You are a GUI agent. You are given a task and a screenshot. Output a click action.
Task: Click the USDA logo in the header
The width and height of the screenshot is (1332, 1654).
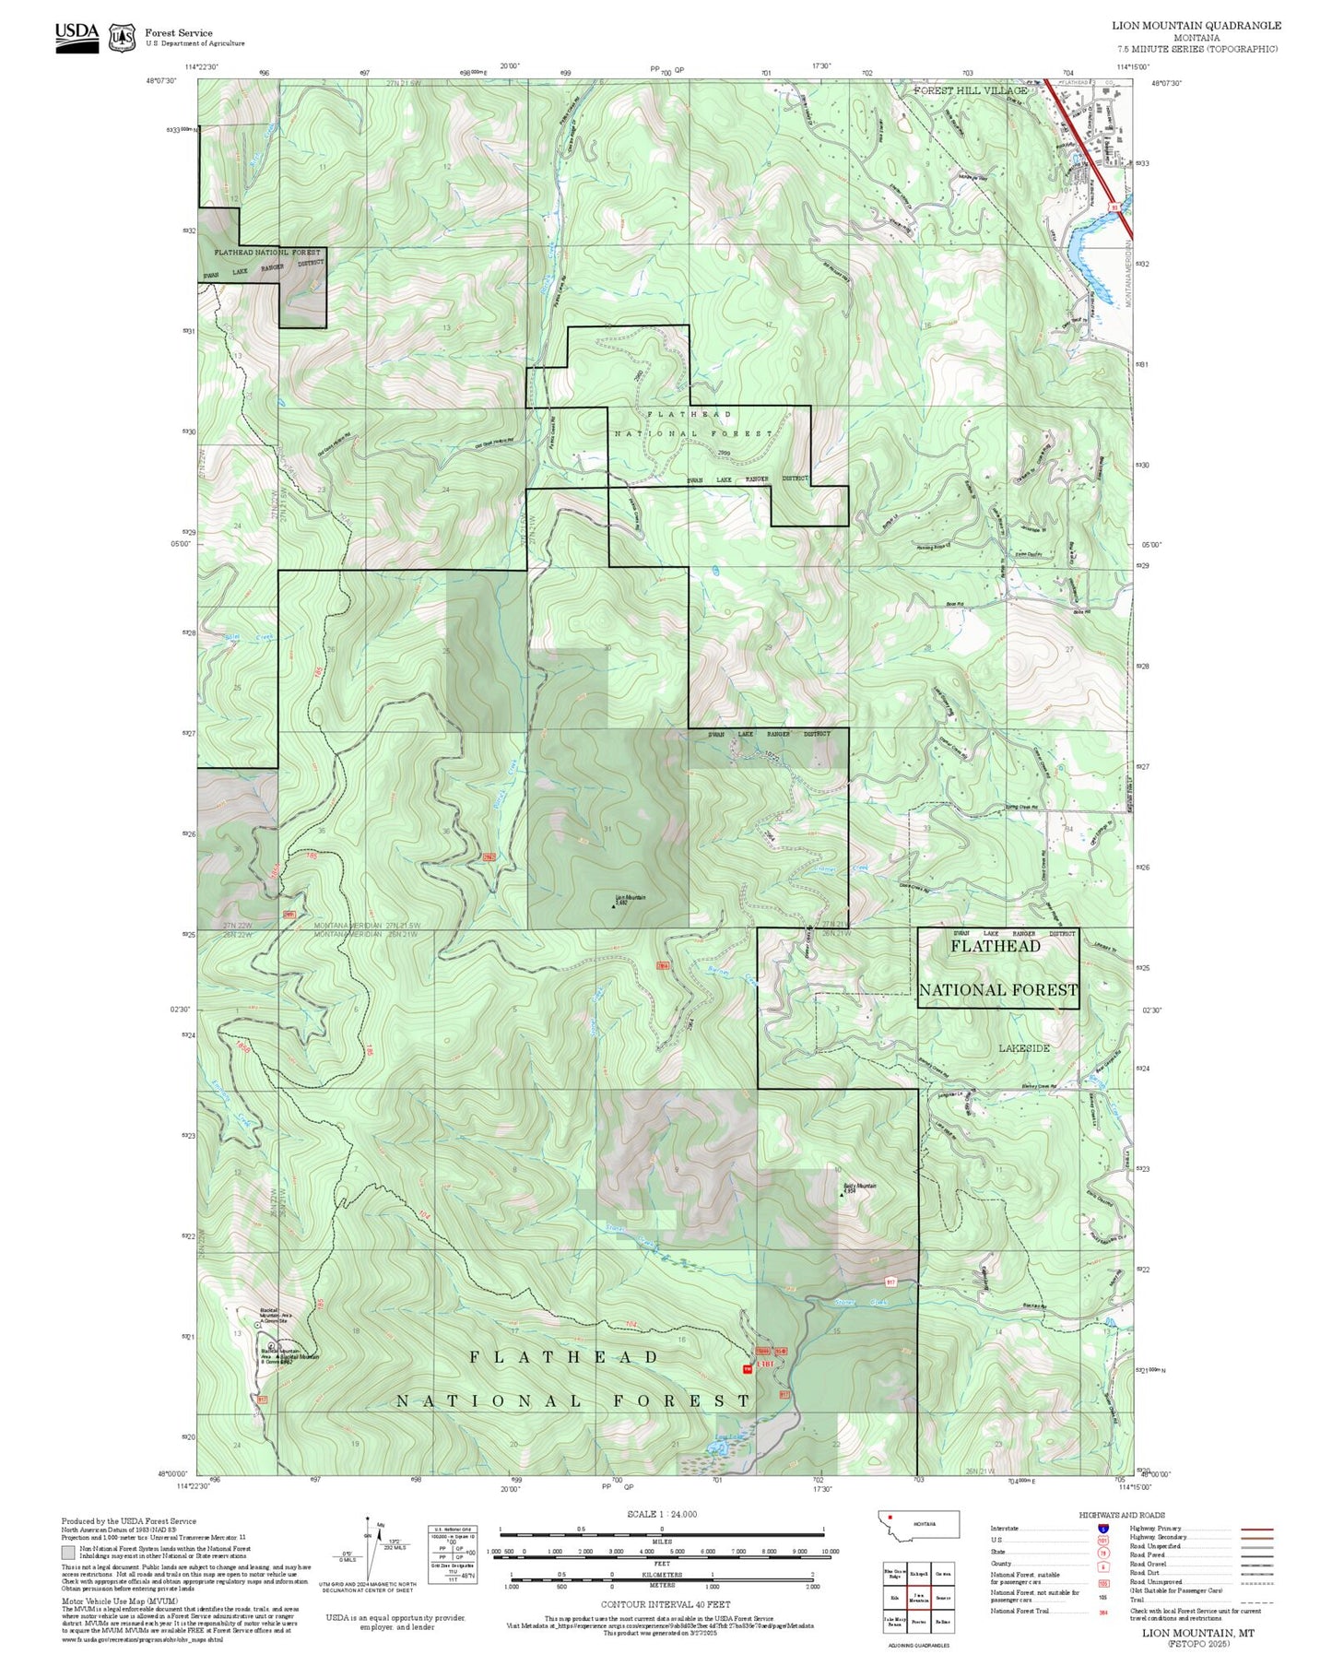point(77,37)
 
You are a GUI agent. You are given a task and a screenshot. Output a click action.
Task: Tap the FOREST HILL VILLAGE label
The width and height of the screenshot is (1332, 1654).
point(970,90)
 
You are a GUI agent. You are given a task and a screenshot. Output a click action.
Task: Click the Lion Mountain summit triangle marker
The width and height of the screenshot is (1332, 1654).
point(614,905)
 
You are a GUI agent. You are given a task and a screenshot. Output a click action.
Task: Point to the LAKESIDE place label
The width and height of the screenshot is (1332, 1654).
point(1024,1048)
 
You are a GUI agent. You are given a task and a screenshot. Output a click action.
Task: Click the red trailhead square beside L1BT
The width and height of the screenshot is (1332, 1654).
point(748,1370)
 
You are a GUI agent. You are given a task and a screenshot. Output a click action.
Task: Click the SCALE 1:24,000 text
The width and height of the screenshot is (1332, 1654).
point(662,1514)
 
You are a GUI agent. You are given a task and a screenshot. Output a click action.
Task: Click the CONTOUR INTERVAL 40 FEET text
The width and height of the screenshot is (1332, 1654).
point(662,1605)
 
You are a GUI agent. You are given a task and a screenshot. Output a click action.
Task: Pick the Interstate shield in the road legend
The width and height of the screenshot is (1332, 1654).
point(1102,1529)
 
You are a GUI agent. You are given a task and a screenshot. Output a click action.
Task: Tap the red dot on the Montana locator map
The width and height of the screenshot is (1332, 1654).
point(891,1517)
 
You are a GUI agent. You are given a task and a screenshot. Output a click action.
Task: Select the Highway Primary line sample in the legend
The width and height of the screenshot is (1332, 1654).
point(1256,1529)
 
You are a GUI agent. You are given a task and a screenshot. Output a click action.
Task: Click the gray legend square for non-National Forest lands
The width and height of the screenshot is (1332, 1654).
point(68,1553)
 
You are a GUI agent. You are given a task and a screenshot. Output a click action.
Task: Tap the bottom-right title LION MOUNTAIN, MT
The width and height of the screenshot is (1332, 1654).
point(1197,1633)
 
